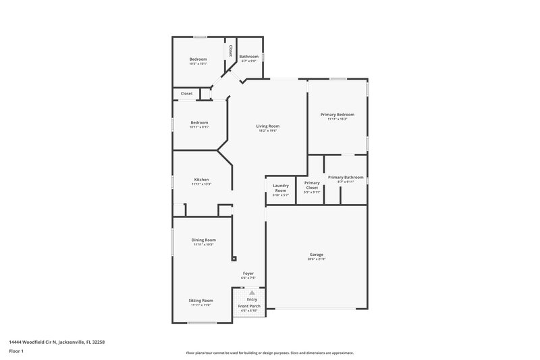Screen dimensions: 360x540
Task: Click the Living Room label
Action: [x=267, y=126]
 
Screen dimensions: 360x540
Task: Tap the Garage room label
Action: [x=317, y=255]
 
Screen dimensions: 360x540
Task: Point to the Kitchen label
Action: [x=201, y=180]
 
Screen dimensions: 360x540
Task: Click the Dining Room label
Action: [x=203, y=240]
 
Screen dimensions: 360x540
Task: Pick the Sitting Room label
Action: [x=200, y=300]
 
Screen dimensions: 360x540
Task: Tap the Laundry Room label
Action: [x=280, y=188]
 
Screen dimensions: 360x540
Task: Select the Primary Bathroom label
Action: [x=346, y=177]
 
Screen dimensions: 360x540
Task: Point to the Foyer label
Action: [x=248, y=273]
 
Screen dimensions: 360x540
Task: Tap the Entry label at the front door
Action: [x=252, y=299]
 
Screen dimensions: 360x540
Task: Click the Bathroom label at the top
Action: [x=248, y=57]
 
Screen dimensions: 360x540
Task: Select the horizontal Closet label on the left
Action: [x=186, y=94]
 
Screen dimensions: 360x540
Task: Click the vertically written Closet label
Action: [x=230, y=51]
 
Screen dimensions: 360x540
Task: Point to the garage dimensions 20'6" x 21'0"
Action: [x=317, y=259]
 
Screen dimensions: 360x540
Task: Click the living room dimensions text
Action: [x=267, y=131]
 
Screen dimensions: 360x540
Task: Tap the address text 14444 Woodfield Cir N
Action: [x=57, y=342]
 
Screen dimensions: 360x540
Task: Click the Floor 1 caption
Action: [x=16, y=352]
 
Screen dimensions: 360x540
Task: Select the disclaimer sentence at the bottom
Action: [x=269, y=353]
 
